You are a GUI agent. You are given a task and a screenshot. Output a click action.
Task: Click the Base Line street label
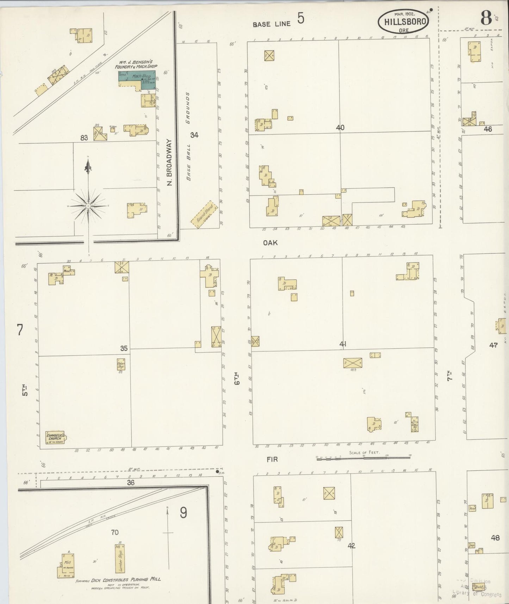click(x=272, y=24)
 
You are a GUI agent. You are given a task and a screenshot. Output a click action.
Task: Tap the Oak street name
click(x=270, y=243)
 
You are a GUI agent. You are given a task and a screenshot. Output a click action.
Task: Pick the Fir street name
click(x=272, y=459)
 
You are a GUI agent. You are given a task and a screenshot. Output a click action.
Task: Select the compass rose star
click(x=88, y=205)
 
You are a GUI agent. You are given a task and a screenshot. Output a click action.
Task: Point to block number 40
click(x=340, y=128)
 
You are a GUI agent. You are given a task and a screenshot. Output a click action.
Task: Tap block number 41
click(x=343, y=344)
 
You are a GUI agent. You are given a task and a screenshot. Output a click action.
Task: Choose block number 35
click(x=124, y=348)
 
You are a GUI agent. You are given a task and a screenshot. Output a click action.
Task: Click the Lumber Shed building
click(x=120, y=559)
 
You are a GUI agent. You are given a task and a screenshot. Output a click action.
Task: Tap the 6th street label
click(x=238, y=378)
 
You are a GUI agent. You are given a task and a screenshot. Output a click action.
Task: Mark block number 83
click(x=84, y=138)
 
